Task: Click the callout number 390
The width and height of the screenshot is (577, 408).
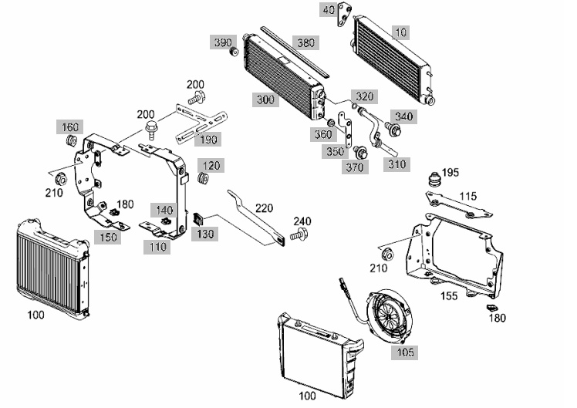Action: pos(223,42)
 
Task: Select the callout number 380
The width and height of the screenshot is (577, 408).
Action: pos(305,42)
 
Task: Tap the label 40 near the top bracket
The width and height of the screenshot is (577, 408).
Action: pos(329,10)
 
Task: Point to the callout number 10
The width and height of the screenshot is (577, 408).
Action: pos(400,32)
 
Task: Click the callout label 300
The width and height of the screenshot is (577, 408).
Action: pos(265,99)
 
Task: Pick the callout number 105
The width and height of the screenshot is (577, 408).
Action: pos(405,352)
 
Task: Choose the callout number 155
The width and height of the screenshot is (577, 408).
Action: pos(449,296)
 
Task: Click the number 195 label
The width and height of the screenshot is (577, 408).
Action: pos(450,172)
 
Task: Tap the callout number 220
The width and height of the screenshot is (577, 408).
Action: pos(264,208)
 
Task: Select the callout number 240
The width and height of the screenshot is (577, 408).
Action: pos(302,221)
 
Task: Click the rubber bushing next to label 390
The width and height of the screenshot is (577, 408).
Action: pos(233,52)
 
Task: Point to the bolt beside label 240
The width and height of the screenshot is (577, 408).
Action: pos(299,234)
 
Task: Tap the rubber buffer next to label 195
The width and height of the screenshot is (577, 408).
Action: pos(434,179)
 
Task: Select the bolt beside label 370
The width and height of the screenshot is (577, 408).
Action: pos(359,152)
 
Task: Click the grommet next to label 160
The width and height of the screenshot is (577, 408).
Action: pos(71,140)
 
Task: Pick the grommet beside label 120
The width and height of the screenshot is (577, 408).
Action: pos(203,178)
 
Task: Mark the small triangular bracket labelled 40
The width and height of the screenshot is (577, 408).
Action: pos(343,15)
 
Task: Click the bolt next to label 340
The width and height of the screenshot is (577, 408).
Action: pos(393,129)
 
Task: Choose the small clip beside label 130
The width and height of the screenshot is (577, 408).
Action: pos(198,220)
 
